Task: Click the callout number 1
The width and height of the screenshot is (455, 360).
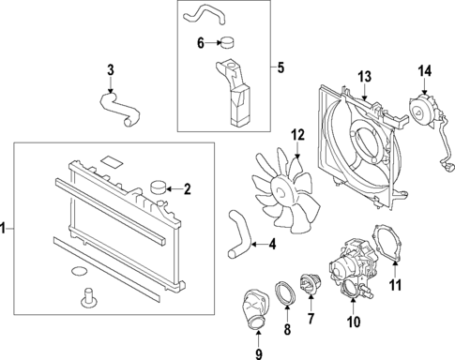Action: [6, 228]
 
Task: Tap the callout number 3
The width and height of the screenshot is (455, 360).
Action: [111, 69]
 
